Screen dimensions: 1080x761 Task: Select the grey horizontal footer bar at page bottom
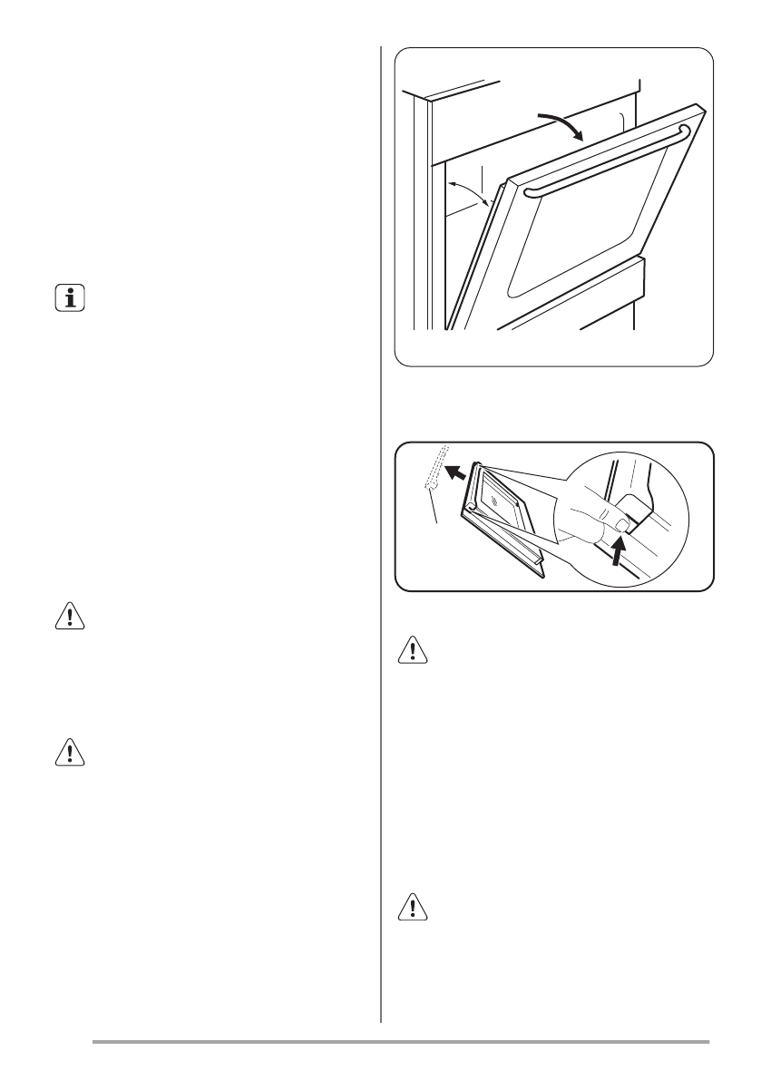point(400,1041)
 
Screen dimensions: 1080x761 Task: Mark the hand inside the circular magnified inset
point(590,517)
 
